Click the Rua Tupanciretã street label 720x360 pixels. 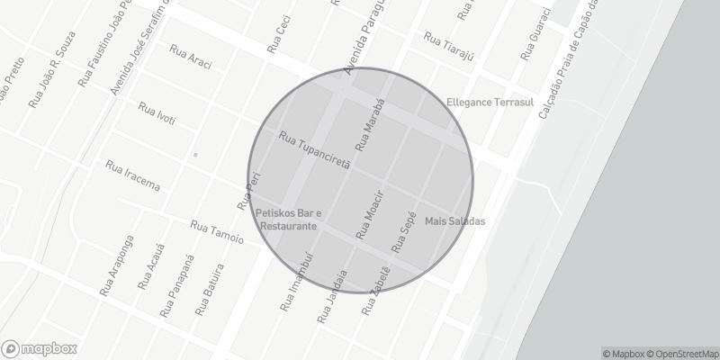click(x=314, y=150)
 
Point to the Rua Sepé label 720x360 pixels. click(x=404, y=232)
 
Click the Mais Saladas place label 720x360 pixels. click(x=454, y=221)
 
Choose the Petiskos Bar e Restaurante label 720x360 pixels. click(x=288, y=220)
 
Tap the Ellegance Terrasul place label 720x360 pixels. click(x=490, y=103)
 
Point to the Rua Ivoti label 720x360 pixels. click(x=157, y=114)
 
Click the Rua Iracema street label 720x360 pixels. click(x=132, y=176)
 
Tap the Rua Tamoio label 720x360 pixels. click(x=217, y=231)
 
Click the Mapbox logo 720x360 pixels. click(x=39, y=348)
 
